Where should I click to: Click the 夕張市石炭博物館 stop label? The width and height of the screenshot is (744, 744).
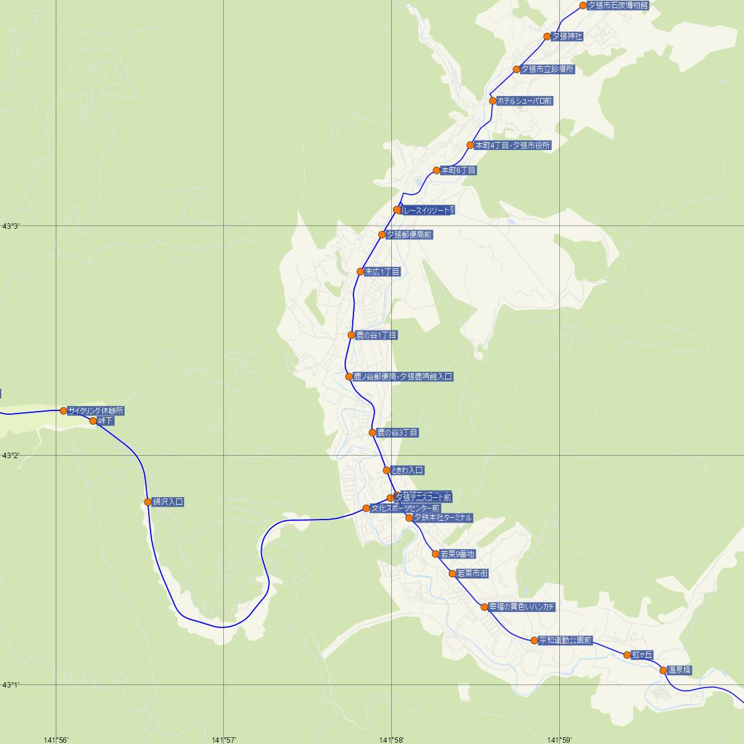(618, 6)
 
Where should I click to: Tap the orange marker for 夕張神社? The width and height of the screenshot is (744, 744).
(547, 37)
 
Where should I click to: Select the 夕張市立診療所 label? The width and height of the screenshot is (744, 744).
(547, 69)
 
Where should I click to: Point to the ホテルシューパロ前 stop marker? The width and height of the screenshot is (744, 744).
(493, 100)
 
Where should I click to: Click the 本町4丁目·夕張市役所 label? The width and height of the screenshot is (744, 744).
(512, 146)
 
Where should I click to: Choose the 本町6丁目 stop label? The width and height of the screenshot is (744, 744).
(458, 170)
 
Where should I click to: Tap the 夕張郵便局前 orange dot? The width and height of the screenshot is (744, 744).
(382, 235)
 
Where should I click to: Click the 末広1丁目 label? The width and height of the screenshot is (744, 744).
(383, 272)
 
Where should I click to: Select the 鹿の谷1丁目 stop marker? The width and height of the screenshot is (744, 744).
(352, 335)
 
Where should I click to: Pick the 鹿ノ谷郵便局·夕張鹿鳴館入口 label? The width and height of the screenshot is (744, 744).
(403, 376)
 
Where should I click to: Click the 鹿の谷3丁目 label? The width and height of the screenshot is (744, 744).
(397, 433)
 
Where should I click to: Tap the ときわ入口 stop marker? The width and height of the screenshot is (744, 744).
(386, 471)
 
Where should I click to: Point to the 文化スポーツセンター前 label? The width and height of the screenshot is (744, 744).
(405, 508)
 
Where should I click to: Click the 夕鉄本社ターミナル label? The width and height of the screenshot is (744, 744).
(443, 518)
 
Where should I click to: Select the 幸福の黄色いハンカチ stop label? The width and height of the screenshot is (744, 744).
(521, 607)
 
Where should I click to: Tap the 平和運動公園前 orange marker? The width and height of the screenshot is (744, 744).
(534, 640)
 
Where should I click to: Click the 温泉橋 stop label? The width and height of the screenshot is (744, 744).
(680, 670)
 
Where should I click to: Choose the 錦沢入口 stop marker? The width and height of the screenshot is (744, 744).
(148, 502)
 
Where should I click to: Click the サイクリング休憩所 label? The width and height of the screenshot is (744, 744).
(96, 410)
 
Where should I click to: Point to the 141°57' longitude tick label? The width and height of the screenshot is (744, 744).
(224, 740)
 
